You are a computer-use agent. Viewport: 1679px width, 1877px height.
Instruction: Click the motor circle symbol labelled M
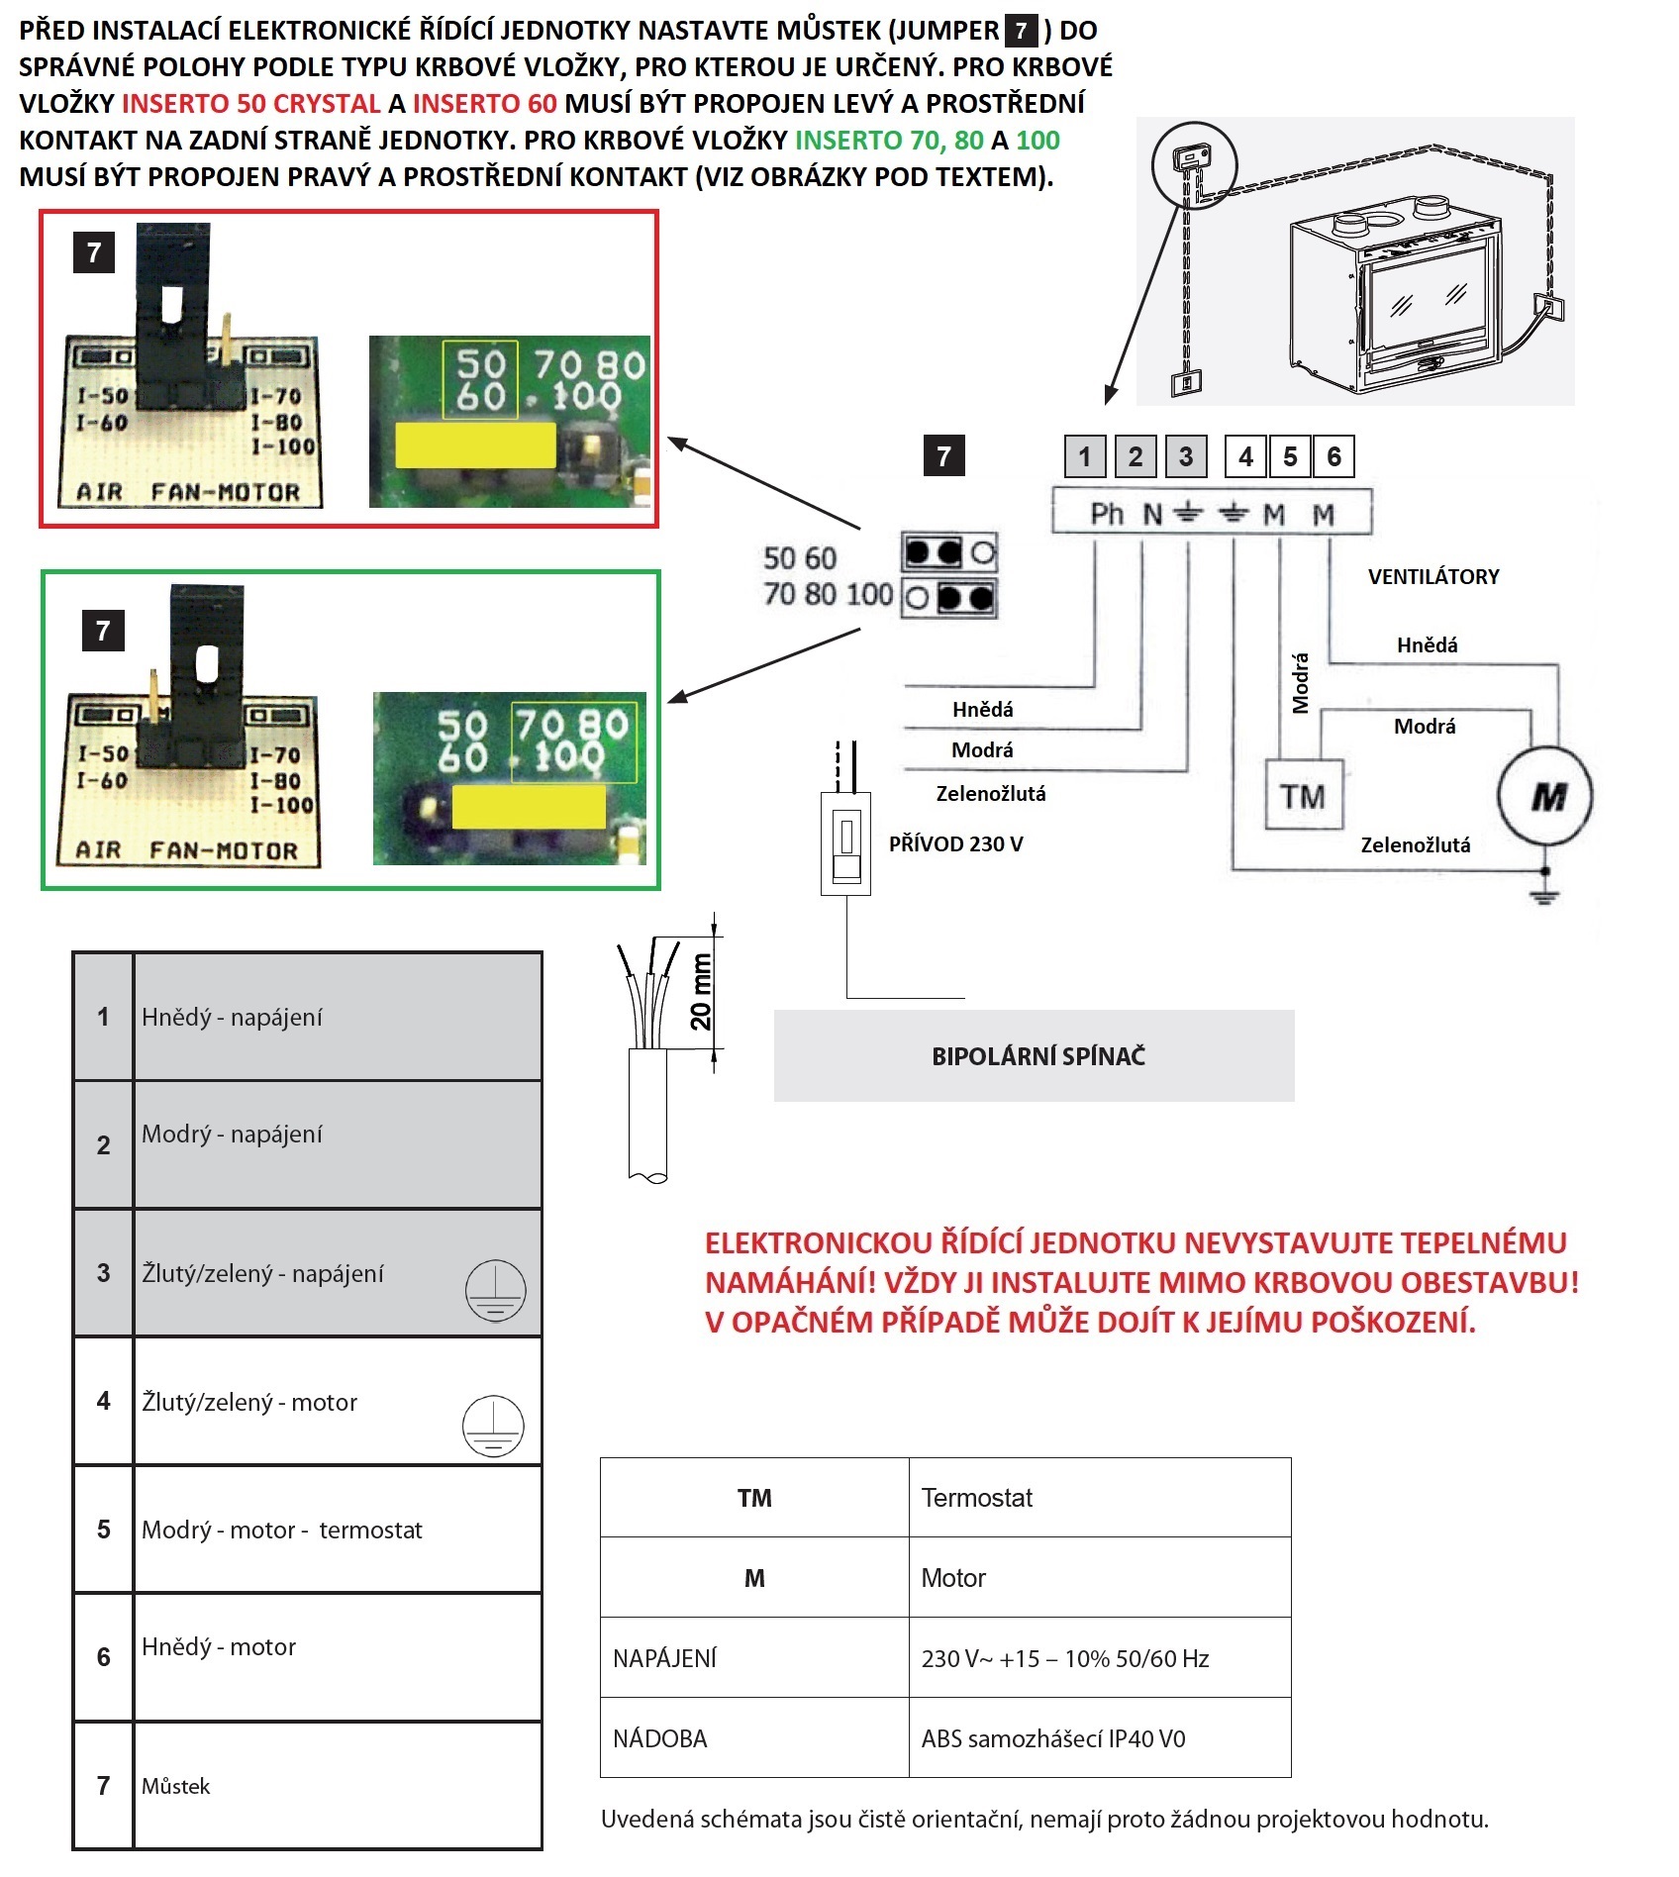pyautogui.click(x=1545, y=796)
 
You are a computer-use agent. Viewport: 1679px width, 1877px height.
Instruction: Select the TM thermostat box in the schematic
pyautogui.click(x=1304, y=795)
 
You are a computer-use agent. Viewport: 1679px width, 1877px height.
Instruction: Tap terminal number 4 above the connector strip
pyautogui.click(x=1245, y=456)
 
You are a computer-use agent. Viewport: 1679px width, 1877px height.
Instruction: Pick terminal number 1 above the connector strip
pyautogui.click(x=1085, y=456)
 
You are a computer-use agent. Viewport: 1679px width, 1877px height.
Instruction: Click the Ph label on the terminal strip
pyautogui.click(x=1107, y=514)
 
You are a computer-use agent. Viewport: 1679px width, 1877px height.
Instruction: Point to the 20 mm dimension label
pyautogui.click(x=701, y=992)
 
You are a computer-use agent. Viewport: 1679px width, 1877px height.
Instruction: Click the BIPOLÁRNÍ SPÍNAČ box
pyautogui.click(x=1034, y=1055)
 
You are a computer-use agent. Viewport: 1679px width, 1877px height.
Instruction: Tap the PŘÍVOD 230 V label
pyautogui.click(x=955, y=843)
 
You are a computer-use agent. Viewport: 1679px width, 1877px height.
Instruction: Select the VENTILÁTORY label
pyautogui.click(x=1432, y=576)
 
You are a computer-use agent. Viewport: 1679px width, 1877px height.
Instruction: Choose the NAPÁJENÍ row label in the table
pyautogui.click(x=664, y=1658)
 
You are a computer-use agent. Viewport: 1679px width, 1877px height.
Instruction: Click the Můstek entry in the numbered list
pyautogui.click(x=175, y=1786)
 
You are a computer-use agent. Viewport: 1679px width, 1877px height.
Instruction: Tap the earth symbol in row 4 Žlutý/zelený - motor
pyautogui.click(x=493, y=1427)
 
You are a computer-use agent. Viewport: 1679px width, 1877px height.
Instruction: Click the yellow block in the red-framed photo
pyautogui.click(x=475, y=445)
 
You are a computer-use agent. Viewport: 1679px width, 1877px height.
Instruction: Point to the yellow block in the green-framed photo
pyautogui.click(x=529, y=807)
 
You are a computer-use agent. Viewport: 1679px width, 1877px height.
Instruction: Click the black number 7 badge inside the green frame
pyautogui.click(x=103, y=631)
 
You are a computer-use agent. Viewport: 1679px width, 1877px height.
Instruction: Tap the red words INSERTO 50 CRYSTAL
pyautogui.click(x=250, y=103)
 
